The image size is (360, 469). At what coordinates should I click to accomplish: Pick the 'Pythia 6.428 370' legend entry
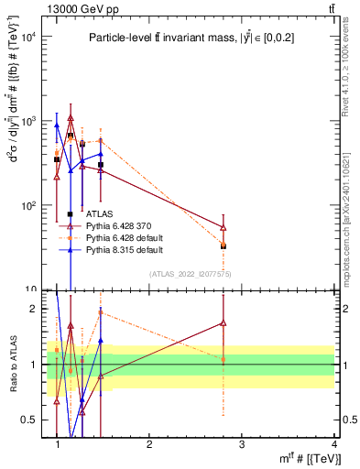point(130,226)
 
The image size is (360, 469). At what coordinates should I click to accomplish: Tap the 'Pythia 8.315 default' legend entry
point(135,249)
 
